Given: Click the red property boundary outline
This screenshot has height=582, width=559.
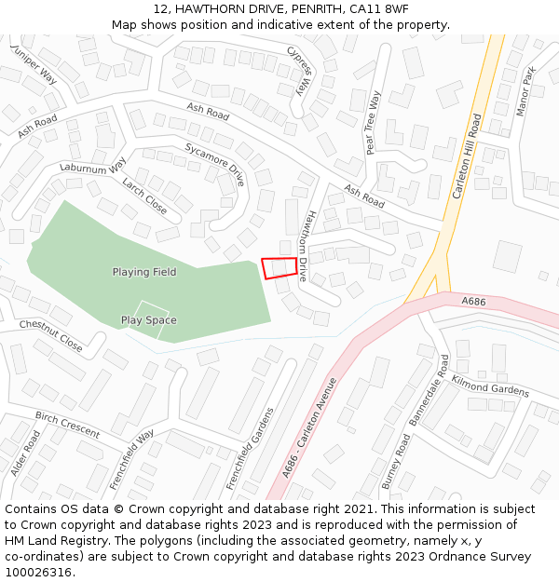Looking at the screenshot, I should pyautogui.click(x=279, y=267).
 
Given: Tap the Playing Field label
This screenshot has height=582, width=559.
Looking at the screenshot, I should pyautogui.click(x=144, y=272).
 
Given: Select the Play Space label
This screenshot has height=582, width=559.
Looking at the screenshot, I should pyautogui.click(x=148, y=320).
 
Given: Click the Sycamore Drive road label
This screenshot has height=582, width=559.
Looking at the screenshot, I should pyautogui.click(x=214, y=165).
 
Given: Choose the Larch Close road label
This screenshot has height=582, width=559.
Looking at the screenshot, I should pyautogui.click(x=144, y=196).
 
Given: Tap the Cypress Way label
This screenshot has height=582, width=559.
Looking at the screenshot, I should pyautogui.click(x=298, y=71).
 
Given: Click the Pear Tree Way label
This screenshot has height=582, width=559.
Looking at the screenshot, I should pyautogui.click(x=373, y=122).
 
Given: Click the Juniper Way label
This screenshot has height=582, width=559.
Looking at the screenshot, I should pyautogui.click(x=34, y=63).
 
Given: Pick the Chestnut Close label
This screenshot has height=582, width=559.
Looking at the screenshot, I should pyautogui.click(x=50, y=335).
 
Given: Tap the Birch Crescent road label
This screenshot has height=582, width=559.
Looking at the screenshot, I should pyautogui.click(x=67, y=425).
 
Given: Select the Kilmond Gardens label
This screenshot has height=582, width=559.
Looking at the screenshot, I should pyautogui.click(x=490, y=386).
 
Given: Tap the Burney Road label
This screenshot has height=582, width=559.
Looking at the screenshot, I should pyautogui.click(x=396, y=461).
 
